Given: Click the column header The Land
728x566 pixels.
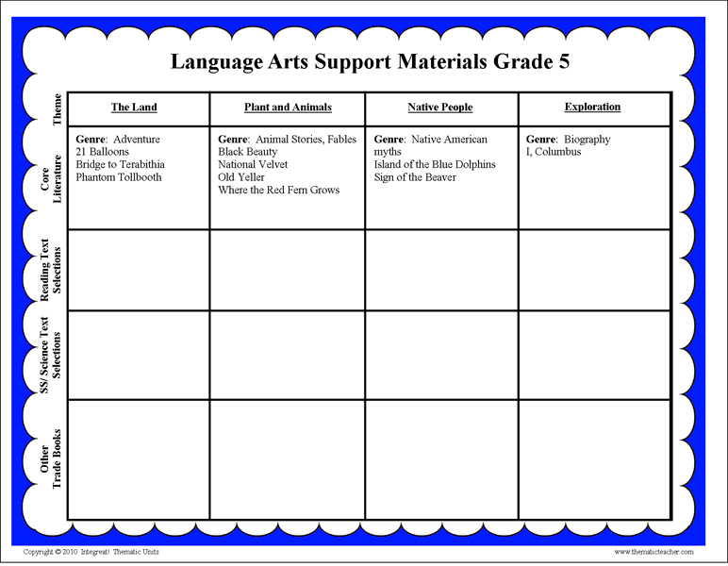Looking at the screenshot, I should tap(134, 108).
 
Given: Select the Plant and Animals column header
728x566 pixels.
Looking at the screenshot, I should tap(288, 108).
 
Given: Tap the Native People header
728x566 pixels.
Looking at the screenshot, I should tap(439, 108).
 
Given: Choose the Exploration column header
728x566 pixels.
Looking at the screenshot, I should tap(592, 107).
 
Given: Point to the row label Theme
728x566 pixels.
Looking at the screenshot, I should tap(58, 108).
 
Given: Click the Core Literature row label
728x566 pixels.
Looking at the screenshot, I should tap(51, 177).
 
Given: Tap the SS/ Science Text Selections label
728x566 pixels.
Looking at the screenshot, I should tap(51, 354).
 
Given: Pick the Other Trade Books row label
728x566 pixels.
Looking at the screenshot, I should tap(51, 458).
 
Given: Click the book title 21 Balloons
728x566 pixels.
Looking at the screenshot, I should tap(103, 152).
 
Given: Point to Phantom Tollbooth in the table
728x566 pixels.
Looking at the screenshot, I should tap(119, 177).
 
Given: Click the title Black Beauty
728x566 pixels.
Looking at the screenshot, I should tap(248, 152).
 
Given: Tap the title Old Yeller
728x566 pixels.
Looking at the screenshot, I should tap(241, 177).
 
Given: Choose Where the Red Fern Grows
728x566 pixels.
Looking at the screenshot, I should tap(279, 190).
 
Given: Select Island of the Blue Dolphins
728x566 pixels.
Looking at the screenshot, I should tap(435, 164).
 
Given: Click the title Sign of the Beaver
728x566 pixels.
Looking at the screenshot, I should tap(415, 177).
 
